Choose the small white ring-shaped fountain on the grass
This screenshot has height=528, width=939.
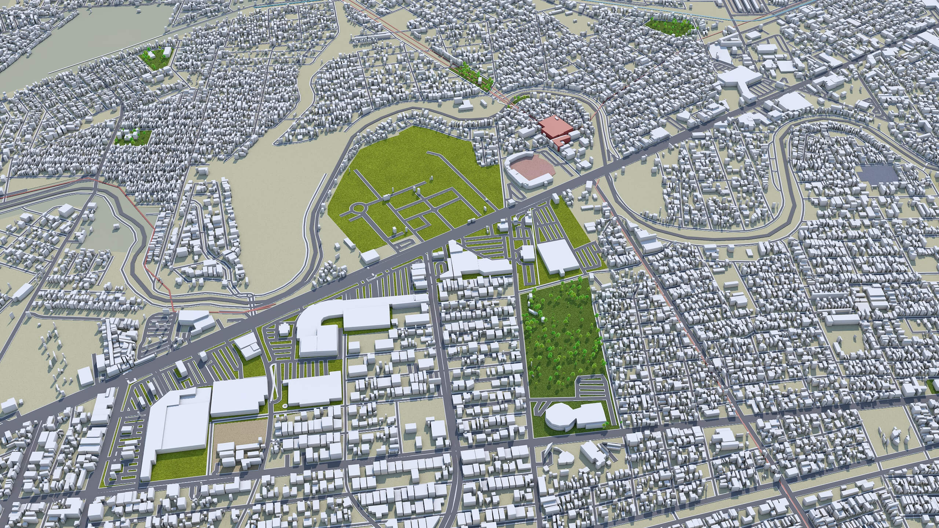coord(285,406)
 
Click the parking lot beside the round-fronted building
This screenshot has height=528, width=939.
coord(591,387)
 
